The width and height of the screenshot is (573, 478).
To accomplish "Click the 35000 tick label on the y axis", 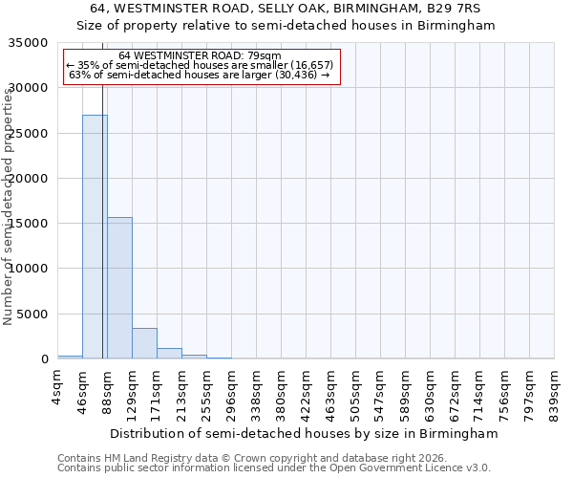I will [x=29, y=43].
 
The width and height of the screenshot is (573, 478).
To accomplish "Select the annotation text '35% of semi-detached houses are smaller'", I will [x=200, y=64].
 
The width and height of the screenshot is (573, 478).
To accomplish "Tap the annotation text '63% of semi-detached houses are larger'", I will [x=200, y=74].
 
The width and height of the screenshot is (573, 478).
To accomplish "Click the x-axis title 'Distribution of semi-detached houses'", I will [x=304, y=434].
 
